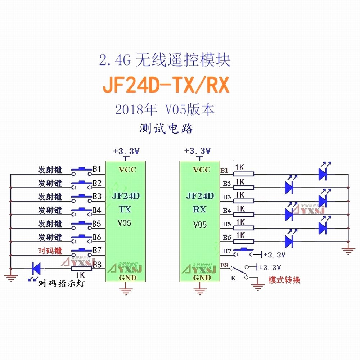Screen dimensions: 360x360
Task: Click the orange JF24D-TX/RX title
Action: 166,86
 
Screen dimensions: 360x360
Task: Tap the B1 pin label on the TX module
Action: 97,169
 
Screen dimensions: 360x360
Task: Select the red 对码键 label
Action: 50,251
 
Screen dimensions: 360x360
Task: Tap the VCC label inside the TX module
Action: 127,170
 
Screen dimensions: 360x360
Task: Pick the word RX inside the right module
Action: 200,209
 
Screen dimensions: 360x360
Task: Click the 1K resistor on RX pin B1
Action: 244,174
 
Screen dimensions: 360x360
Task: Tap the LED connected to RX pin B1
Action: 322,174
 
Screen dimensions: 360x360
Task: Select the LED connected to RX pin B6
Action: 289,241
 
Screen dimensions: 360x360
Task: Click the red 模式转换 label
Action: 284,280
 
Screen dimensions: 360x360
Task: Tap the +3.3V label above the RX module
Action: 197,150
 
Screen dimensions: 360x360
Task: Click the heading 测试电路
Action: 166,128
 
